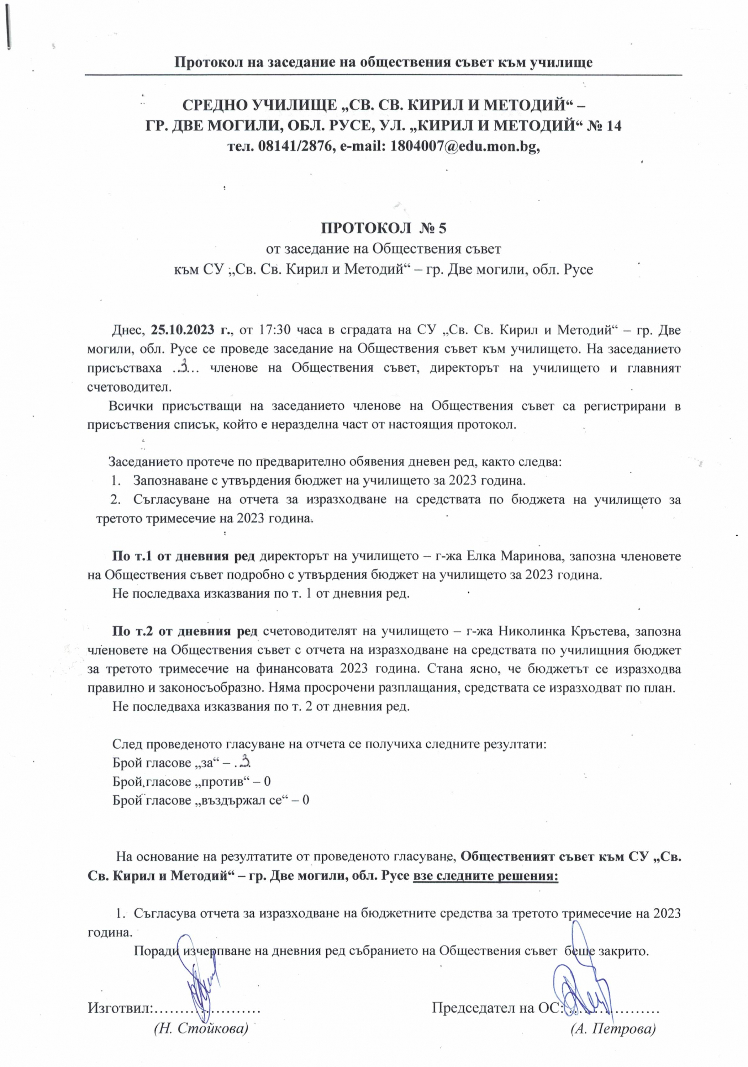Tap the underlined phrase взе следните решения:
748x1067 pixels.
(x=485, y=876)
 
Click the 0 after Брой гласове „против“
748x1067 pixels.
(x=267, y=781)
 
